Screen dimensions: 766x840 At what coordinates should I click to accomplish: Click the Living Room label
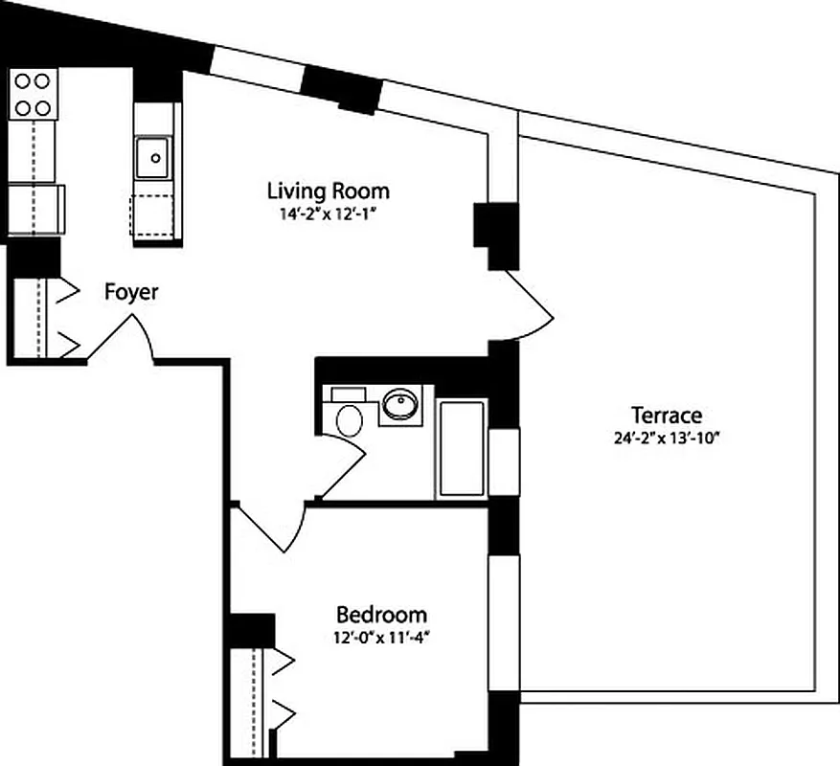[329, 190]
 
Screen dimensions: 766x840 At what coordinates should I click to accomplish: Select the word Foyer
[131, 292]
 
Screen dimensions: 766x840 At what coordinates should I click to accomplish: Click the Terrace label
[666, 416]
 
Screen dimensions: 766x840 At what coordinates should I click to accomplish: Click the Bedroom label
[381, 615]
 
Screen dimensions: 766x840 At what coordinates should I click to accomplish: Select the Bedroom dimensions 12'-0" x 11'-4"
[380, 637]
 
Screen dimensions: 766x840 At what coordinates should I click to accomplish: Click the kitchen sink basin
[151, 156]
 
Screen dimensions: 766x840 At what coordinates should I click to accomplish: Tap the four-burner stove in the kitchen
[33, 94]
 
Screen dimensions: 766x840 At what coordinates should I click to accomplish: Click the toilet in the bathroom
[349, 419]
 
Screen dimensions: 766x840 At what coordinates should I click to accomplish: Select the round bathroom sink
[399, 406]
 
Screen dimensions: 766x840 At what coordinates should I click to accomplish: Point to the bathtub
[462, 447]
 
